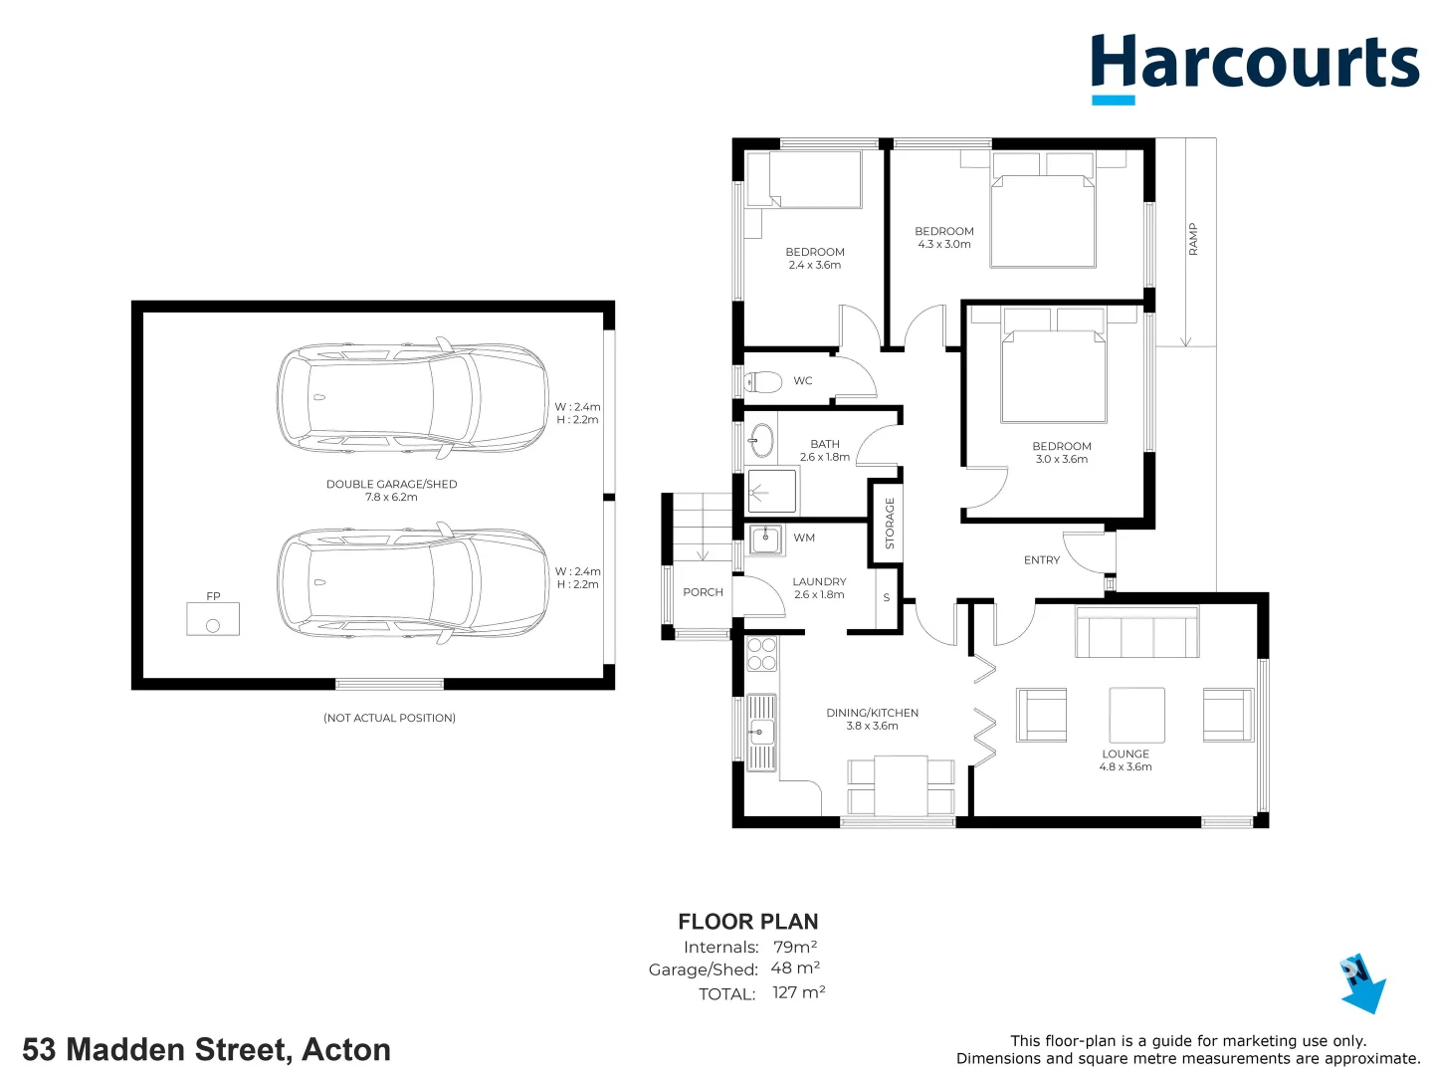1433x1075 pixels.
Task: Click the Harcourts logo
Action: (1254, 66)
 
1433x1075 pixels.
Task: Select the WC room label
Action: (803, 381)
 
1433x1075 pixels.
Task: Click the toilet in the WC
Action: (764, 381)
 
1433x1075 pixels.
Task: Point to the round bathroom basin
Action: (761, 439)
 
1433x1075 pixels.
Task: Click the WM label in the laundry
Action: (804, 537)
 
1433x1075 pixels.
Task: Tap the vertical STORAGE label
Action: (890, 524)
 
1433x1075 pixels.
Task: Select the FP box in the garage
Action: (213, 619)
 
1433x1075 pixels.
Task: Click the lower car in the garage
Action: (412, 583)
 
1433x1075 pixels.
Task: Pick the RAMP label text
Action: (1193, 239)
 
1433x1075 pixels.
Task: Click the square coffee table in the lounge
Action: (1136, 715)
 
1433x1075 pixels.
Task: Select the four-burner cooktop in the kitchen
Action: (761, 654)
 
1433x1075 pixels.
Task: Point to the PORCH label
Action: (703, 592)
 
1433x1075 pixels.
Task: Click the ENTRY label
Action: (1042, 560)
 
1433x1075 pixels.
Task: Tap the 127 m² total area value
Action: (798, 992)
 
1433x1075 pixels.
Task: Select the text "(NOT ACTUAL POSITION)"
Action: (389, 718)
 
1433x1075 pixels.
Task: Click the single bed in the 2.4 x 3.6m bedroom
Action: (804, 179)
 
